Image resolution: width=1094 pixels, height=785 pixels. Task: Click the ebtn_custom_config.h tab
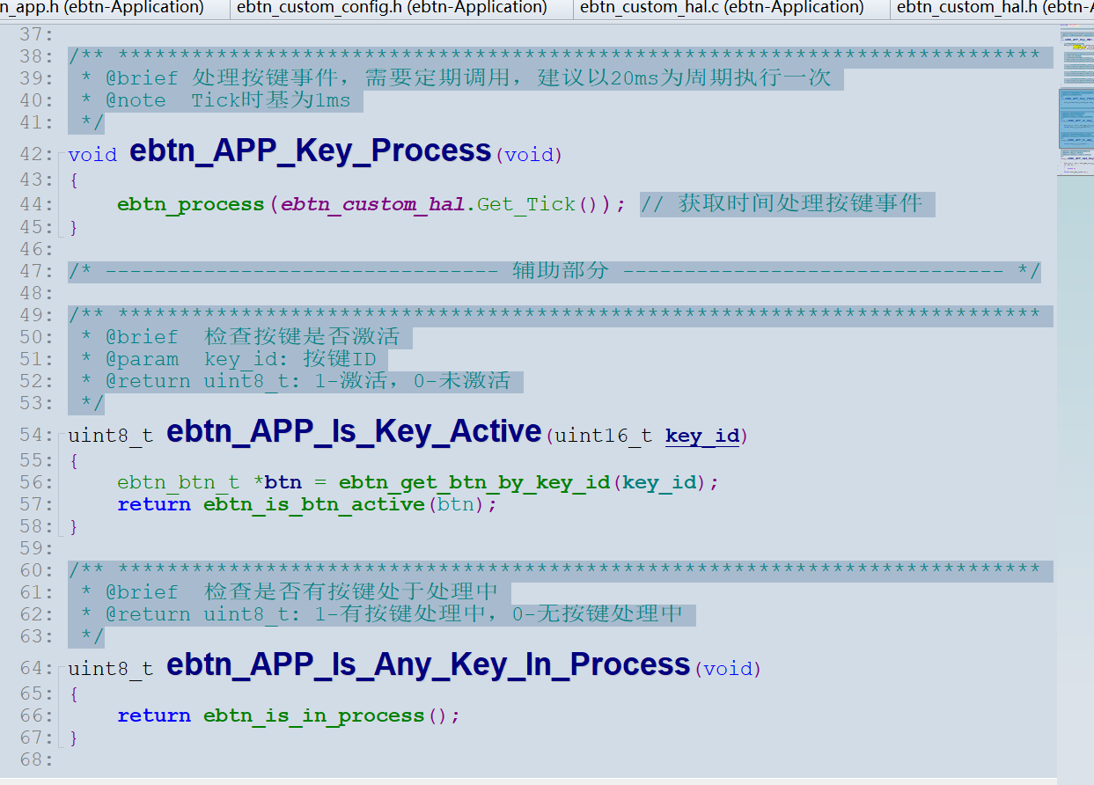click(392, 8)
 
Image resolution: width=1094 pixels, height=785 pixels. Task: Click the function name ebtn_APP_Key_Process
click(310, 151)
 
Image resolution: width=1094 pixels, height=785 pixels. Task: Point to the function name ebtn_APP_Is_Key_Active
click(354, 432)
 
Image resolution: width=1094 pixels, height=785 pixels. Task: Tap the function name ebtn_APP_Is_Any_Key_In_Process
click(428, 664)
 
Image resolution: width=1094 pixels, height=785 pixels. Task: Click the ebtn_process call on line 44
click(190, 204)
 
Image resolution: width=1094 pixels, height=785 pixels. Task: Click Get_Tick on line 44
click(526, 204)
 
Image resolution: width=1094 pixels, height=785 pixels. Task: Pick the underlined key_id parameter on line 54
click(701, 436)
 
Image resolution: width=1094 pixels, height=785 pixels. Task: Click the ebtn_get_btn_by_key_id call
click(474, 482)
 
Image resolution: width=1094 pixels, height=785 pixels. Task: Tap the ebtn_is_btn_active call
click(314, 504)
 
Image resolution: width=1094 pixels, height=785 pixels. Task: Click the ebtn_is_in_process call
click(314, 716)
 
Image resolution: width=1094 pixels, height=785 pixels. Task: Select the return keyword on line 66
click(154, 716)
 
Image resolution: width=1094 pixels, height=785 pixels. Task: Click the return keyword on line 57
click(154, 504)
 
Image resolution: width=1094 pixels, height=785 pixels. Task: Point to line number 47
click(36, 271)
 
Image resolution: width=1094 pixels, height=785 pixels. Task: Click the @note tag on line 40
click(136, 100)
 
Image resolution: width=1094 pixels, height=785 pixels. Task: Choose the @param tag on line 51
click(142, 360)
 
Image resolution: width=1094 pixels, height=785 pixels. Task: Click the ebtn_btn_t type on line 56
click(179, 482)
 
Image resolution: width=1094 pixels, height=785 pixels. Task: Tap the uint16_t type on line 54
click(603, 436)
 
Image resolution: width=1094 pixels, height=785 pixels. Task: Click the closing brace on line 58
click(74, 527)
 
